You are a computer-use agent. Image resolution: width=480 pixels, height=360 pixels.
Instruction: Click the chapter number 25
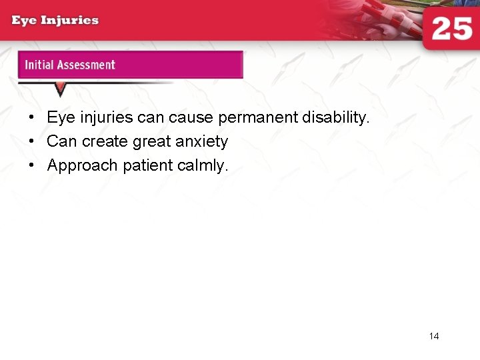tap(451, 29)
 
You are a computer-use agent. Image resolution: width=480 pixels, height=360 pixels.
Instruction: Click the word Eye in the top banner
tap(25, 20)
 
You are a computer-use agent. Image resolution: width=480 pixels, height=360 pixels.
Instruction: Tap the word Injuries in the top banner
tap(70, 20)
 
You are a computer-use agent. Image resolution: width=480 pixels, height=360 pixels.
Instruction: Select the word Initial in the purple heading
tap(39, 65)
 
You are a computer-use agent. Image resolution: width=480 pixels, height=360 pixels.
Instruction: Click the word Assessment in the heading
tap(86, 65)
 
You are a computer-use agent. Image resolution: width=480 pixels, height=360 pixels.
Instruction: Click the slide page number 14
tap(434, 336)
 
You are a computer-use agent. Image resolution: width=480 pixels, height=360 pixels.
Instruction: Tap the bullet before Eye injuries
tap(31, 118)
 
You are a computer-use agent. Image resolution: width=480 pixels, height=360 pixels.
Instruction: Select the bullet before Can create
tap(31, 142)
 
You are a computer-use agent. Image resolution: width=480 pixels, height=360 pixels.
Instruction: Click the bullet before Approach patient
tap(31, 166)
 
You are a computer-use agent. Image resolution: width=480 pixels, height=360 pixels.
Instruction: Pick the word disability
tap(335, 118)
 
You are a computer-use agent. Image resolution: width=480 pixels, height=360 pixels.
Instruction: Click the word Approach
tap(83, 166)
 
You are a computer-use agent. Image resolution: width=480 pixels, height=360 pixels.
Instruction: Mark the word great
tap(151, 142)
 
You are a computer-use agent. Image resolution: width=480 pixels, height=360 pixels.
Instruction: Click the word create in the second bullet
tap(105, 142)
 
